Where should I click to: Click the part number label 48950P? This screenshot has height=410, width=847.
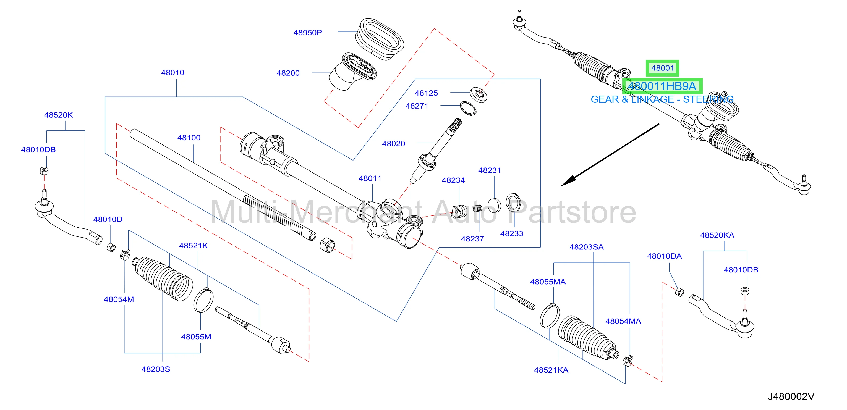(x=307, y=33)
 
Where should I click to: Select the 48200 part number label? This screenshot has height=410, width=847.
(x=288, y=73)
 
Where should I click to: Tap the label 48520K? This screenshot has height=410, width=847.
(x=58, y=115)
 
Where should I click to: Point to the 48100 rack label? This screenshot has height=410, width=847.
(x=189, y=138)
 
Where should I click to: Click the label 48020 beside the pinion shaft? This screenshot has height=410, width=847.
(x=393, y=144)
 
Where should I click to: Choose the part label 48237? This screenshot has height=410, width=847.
(x=472, y=239)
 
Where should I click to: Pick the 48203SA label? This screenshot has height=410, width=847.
(x=586, y=247)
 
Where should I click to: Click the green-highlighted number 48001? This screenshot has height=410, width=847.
(x=663, y=68)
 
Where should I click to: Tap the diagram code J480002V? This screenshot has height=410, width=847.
(x=791, y=396)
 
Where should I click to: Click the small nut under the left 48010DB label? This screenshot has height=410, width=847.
(x=44, y=170)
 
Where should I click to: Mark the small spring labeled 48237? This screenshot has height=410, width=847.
(x=477, y=208)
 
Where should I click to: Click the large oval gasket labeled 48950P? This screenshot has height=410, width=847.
(x=380, y=39)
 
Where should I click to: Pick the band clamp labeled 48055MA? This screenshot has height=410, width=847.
(x=550, y=316)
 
